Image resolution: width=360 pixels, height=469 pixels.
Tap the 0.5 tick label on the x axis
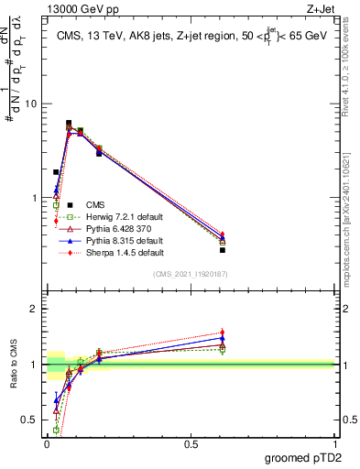191,443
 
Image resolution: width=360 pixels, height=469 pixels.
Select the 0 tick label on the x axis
48,443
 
